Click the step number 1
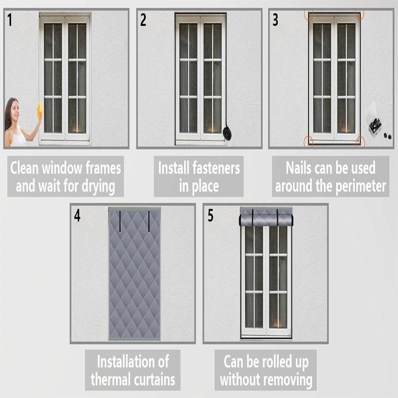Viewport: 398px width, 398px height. pyautogui.click(x=10, y=20)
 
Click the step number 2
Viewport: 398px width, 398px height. pyautogui.click(x=143, y=20)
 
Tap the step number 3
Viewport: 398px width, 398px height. pyautogui.click(x=275, y=20)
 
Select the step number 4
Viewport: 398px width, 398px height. pyautogui.click(x=77, y=216)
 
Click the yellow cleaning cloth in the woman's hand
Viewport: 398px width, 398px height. pyautogui.click(x=39, y=110)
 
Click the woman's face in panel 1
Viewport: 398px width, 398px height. pyautogui.click(x=13, y=109)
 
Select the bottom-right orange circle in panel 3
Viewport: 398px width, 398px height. pyautogui.click(x=360, y=142)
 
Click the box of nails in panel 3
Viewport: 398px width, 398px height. pyautogui.click(x=375, y=124)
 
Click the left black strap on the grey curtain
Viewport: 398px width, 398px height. pyautogui.click(x=120, y=221)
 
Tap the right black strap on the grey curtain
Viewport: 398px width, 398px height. pyautogui.click(x=149, y=221)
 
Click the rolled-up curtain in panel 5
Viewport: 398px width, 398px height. pyautogui.click(x=266, y=217)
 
